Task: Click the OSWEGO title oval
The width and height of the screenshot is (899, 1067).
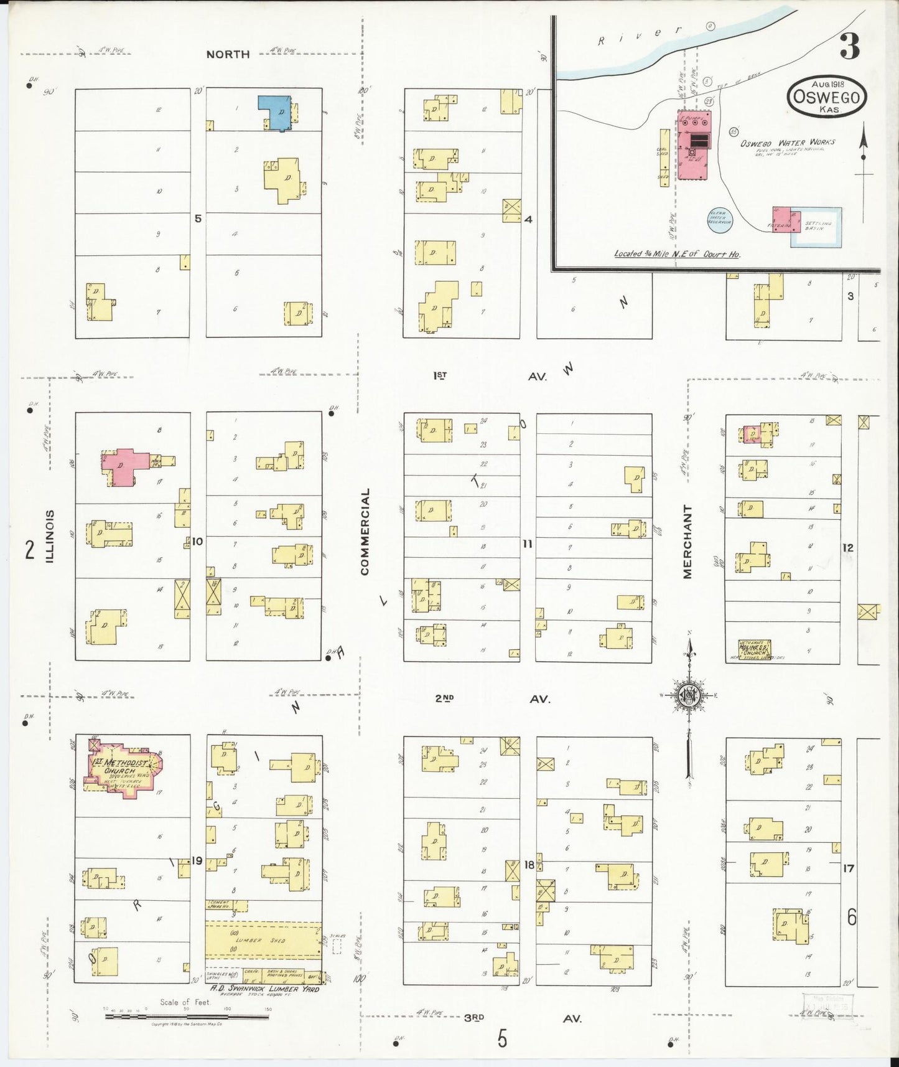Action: point(827,97)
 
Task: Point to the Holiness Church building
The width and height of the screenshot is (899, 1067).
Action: point(753,649)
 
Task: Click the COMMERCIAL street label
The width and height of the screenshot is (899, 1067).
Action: point(365,531)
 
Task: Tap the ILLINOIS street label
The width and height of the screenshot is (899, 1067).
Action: point(50,536)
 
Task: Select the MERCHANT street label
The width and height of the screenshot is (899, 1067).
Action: point(687,541)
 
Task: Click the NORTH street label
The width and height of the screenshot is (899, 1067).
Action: point(228,55)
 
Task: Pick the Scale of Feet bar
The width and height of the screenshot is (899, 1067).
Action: point(187,1017)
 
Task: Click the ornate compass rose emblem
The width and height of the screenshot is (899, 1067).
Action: point(689,695)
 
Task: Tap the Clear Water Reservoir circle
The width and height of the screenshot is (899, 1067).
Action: point(720,219)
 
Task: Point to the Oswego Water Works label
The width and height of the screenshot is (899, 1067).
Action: point(788,143)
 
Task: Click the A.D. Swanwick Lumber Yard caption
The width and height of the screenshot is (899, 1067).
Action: point(264,989)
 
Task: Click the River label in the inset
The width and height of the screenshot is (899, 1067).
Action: point(641,35)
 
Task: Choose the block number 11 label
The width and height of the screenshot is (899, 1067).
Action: point(528,544)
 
